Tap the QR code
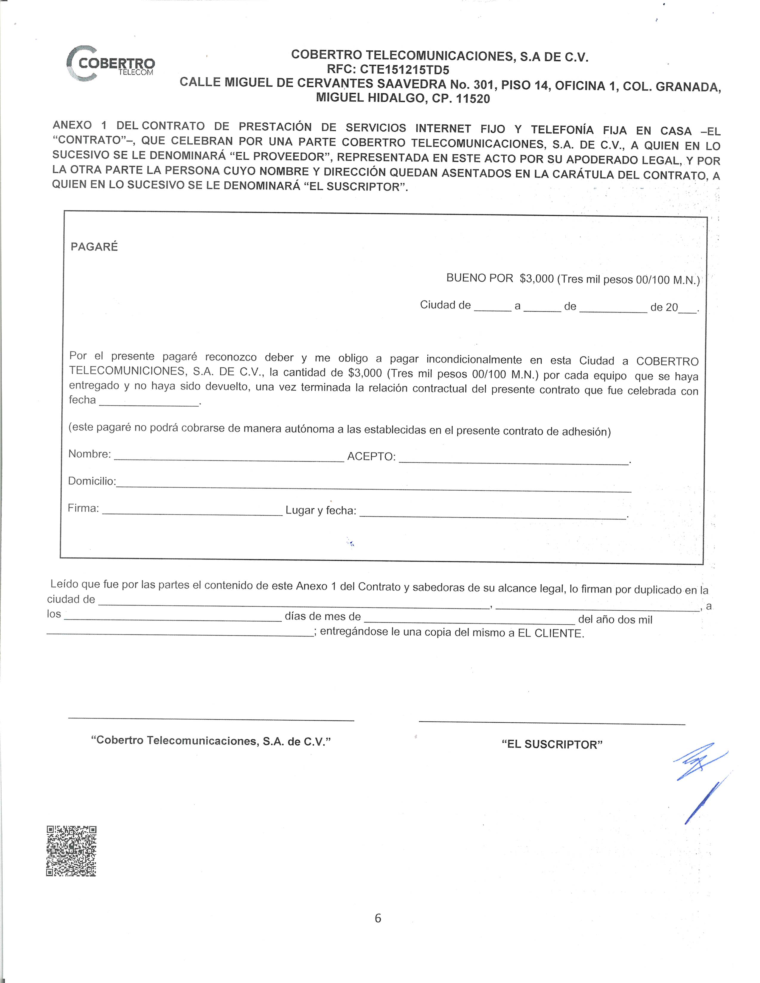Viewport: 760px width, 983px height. coord(71,851)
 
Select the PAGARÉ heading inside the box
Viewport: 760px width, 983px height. coord(94,247)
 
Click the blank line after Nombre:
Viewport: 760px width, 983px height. coord(229,458)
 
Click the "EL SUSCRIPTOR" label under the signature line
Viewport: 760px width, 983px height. coord(552,744)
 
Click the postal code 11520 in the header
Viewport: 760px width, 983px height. coord(473,99)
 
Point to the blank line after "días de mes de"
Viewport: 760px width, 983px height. coord(469,621)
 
